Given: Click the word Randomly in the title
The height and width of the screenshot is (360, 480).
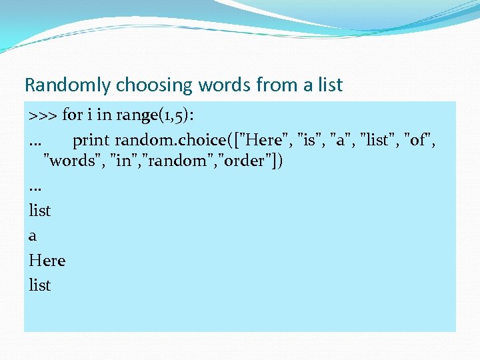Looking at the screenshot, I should [x=68, y=85].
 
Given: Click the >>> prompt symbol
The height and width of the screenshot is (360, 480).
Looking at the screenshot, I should [x=43, y=115].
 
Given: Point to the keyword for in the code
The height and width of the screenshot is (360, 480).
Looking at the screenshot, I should [x=72, y=115].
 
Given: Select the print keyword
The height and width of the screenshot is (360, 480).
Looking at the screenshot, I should [x=91, y=141].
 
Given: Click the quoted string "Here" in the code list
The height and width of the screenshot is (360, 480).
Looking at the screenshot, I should [x=271, y=141].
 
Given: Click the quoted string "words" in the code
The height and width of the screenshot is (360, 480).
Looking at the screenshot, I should [x=73, y=161].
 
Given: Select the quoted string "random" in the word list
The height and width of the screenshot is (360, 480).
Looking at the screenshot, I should [x=169, y=161].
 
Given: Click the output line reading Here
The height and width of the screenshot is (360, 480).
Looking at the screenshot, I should [x=47, y=260].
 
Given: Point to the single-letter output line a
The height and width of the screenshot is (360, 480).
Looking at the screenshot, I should [x=33, y=236].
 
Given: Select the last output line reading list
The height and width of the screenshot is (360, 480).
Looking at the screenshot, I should [x=40, y=285].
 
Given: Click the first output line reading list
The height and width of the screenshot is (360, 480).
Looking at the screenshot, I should [x=40, y=210].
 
